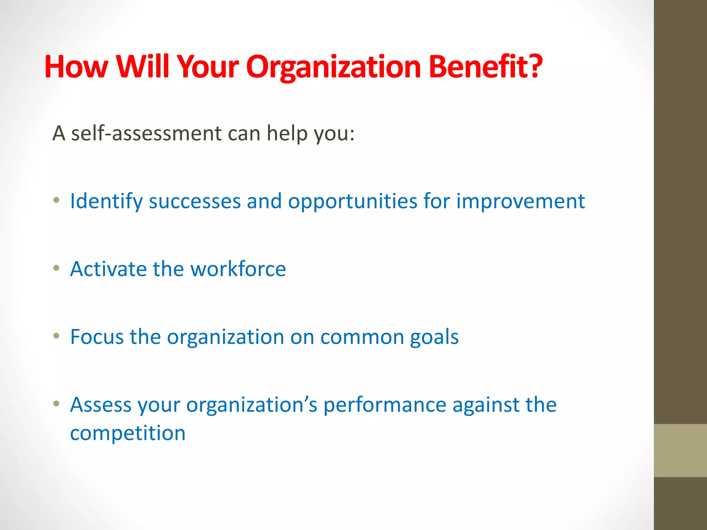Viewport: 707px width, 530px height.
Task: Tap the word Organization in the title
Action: point(333,67)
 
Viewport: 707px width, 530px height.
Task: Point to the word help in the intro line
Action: point(287,134)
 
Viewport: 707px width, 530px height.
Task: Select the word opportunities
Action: point(352,202)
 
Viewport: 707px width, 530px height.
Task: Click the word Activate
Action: point(108,269)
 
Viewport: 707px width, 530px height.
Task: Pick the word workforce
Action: point(238,269)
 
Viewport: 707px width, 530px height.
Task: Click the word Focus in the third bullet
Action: point(97,337)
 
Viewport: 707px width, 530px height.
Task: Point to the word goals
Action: point(434,337)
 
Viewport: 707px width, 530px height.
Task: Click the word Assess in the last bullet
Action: point(101,405)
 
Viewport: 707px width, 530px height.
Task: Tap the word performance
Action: point(385,405)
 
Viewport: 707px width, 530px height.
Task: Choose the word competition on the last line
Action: point(128,433)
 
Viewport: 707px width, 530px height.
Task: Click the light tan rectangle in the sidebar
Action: point(680,450)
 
